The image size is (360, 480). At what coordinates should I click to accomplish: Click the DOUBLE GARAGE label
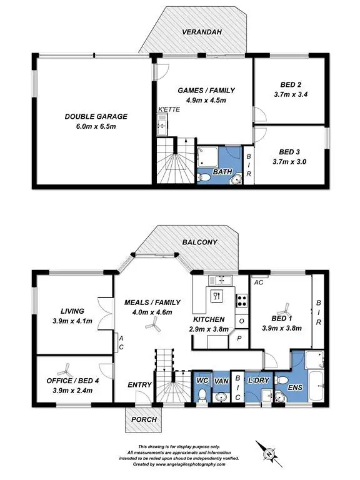[96, 116]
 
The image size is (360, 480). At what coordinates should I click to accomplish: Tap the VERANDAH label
[199, 31]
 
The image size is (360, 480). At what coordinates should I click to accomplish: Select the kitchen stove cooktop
[241, 300]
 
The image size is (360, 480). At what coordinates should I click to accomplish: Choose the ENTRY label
[139, 385]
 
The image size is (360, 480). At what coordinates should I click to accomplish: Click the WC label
[202, 379]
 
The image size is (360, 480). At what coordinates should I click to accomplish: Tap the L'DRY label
[257, 380]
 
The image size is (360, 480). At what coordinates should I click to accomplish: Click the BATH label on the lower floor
[219, 171]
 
